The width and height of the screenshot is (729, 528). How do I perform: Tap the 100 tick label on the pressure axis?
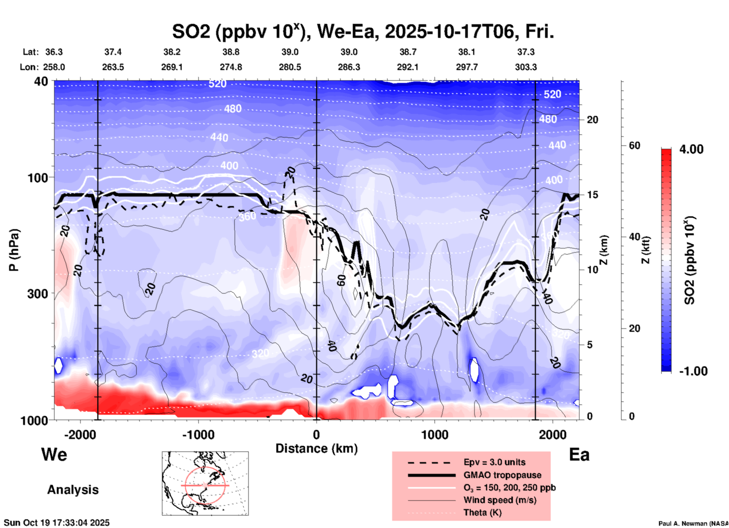coord(40,178)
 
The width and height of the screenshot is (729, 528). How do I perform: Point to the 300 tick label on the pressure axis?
coord(40,294)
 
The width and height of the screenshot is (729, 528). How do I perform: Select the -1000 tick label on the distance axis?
coord(198,434)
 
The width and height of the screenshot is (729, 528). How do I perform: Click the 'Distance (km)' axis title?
coord(316,448)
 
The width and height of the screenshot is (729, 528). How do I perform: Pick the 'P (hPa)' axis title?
coord(14,250)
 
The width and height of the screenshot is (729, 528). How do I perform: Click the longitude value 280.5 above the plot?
coord(290,67)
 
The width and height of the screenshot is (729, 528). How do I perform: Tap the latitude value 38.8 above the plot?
coord(231,52)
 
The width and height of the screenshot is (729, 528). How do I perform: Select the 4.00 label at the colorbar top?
coord(691,149)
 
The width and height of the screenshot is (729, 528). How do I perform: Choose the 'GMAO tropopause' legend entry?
coord(502,475)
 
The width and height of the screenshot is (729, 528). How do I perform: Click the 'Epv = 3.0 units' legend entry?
coord(494,462)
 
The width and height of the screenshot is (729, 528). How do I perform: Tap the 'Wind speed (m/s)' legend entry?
coord(500,500)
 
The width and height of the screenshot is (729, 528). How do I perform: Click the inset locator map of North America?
coord(205,483)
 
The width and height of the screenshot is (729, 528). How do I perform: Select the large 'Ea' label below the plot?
coord(579,455)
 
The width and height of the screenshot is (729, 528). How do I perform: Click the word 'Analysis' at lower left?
coord(73,490)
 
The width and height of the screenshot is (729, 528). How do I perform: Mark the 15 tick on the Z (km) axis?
coord(592,195)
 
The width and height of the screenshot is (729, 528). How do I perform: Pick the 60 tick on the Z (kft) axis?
coord(634,145)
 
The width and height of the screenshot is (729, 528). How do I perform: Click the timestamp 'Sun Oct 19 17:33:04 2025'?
coord(57,523)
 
